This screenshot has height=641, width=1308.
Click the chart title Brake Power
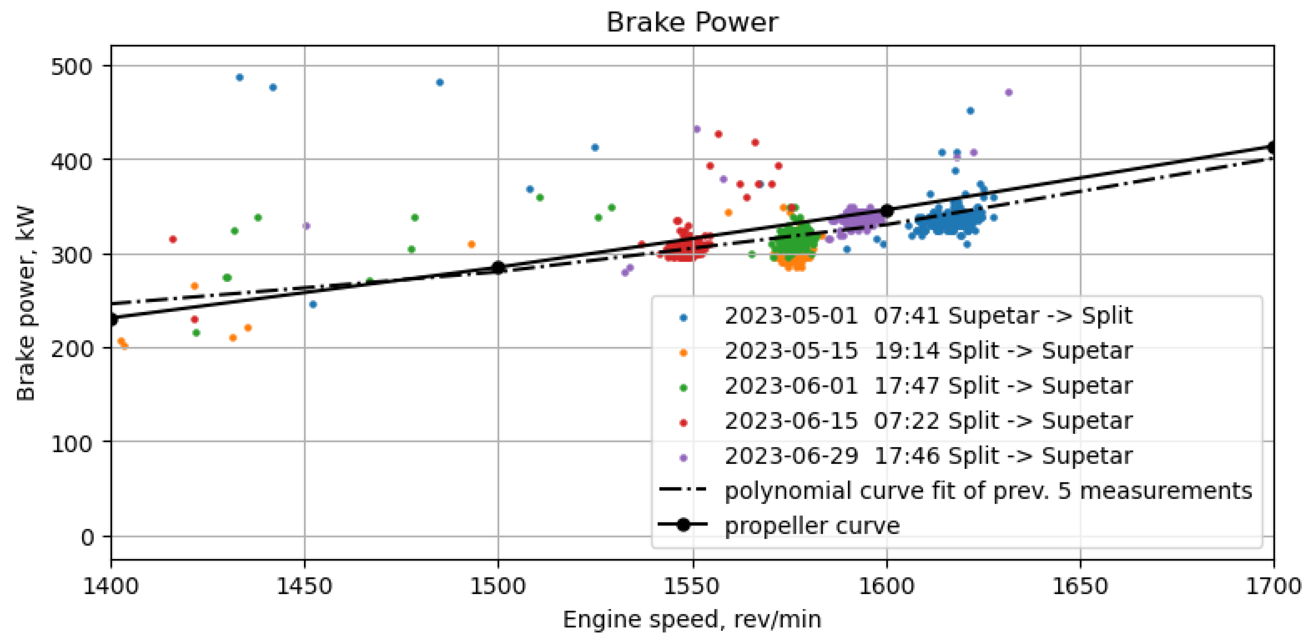pos(692,22)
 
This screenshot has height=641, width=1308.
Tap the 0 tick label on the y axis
pos(87,537)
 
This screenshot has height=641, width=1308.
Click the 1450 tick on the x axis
pos(304,586)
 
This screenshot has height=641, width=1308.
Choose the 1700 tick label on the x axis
pos(1273,586)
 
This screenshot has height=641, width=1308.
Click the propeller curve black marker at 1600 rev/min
pos(886,211)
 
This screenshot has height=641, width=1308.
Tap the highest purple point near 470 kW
pos(1008,92)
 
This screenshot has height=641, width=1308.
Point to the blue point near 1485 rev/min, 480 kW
pos(440,82)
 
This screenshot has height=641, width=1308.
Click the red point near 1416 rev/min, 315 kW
pos(173,239)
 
